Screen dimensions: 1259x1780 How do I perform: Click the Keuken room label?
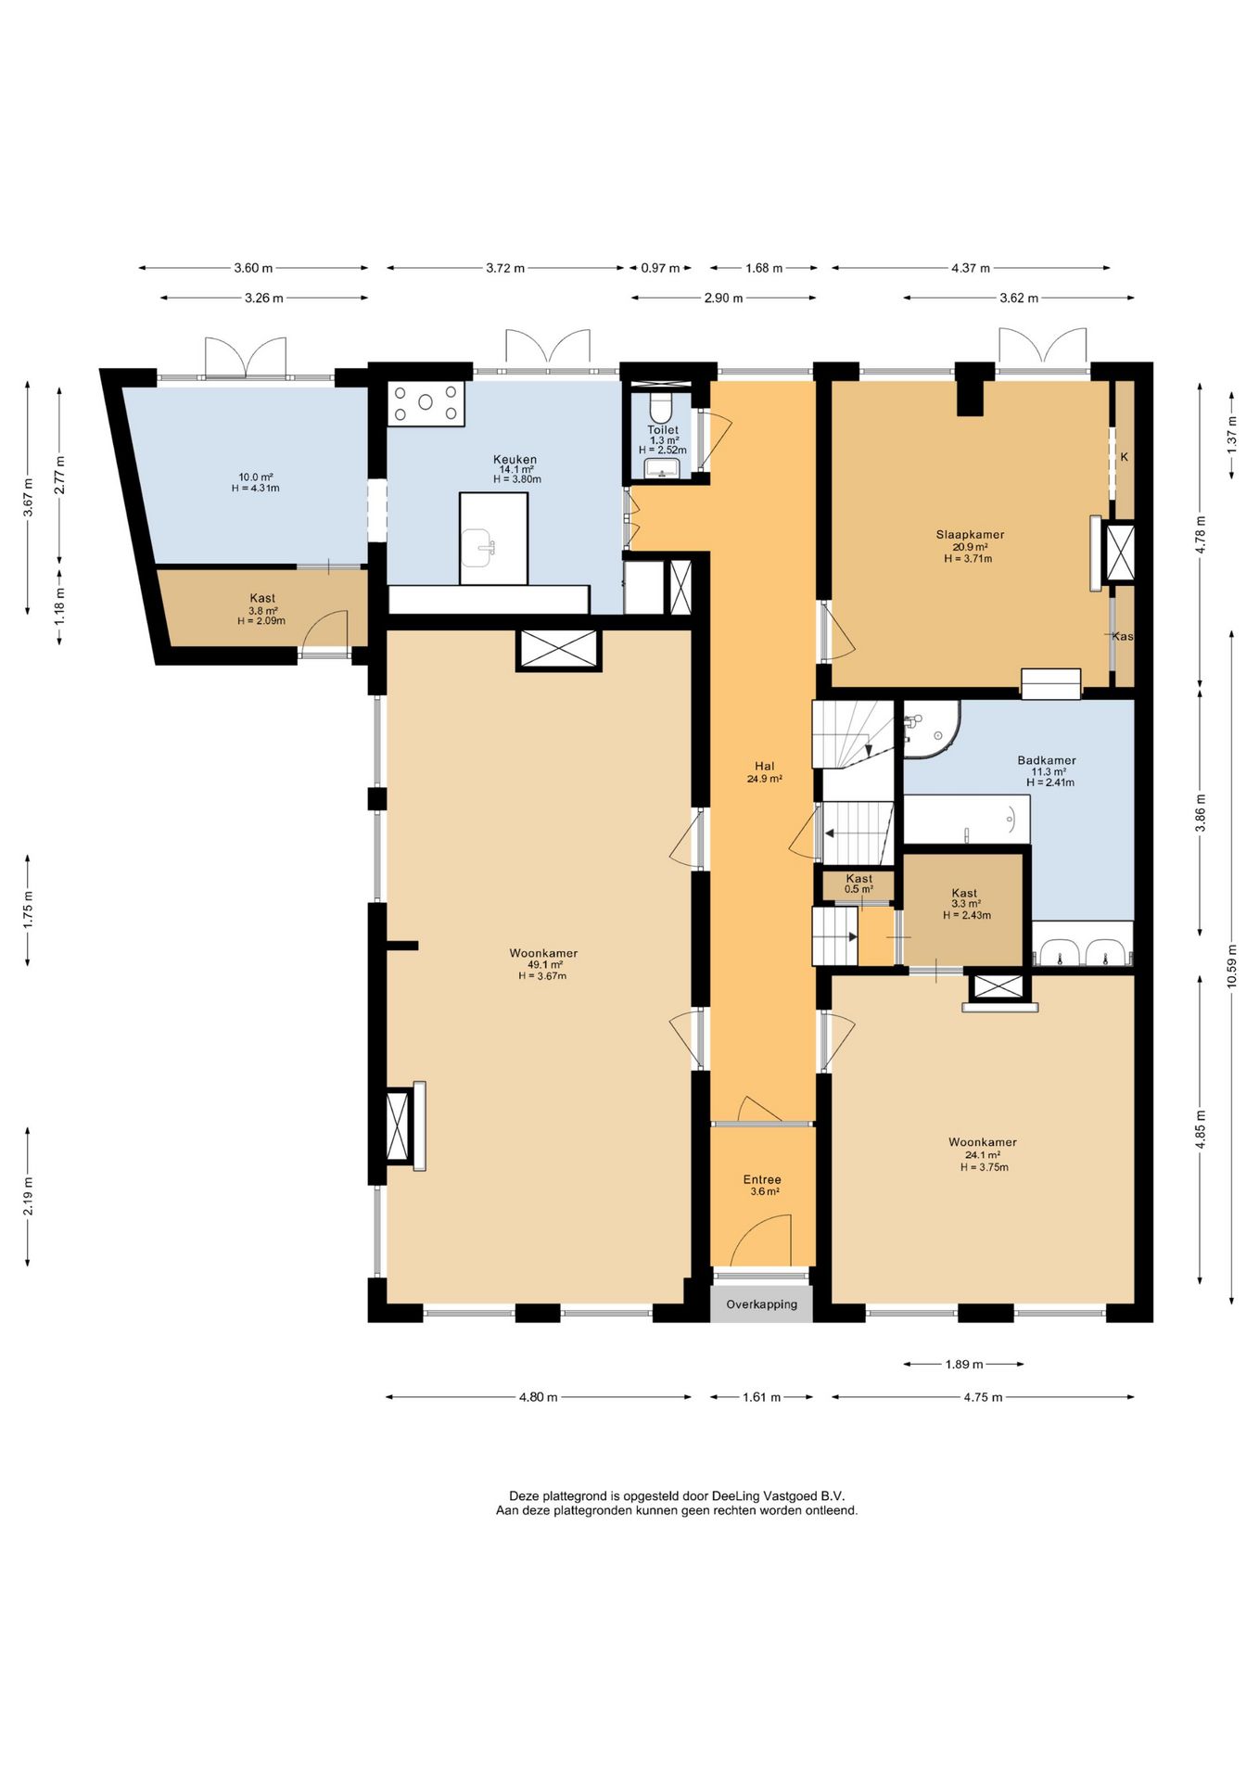pyautogui.click(x=515, y=460)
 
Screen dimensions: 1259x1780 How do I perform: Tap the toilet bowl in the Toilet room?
pyautogui.click(x=661, y=406)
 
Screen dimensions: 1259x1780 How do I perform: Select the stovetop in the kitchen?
pyautogui.click(x=426, y=403)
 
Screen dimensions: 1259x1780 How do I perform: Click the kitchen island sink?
pyautogui.click(x=479, y=547)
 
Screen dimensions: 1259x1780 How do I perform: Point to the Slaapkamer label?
pyautogui.click(x=970, y=535)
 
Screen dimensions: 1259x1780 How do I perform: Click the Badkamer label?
pyautogui.click(x=1047, y=760)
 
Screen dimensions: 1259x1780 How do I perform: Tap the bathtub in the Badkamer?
pyautogui.click(x=966, y=819)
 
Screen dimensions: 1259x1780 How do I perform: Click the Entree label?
pyautogui.click(x=762, y=1179)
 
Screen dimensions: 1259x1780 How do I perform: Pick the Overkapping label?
pyautogui.click(x=761, y=1304)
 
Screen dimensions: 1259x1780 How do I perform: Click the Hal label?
pyautogui.click(x=764, y=766)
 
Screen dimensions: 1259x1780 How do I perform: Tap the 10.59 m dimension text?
pyautogui.click(x=1232, y=966)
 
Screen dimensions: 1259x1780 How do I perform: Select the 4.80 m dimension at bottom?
pyautogui.click(x=539, y=1397)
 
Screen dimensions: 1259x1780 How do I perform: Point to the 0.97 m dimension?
pyautogui.click(x=660, y=268)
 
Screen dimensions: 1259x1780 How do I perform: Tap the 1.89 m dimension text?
pyautogui.click(x=964, y=1364)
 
